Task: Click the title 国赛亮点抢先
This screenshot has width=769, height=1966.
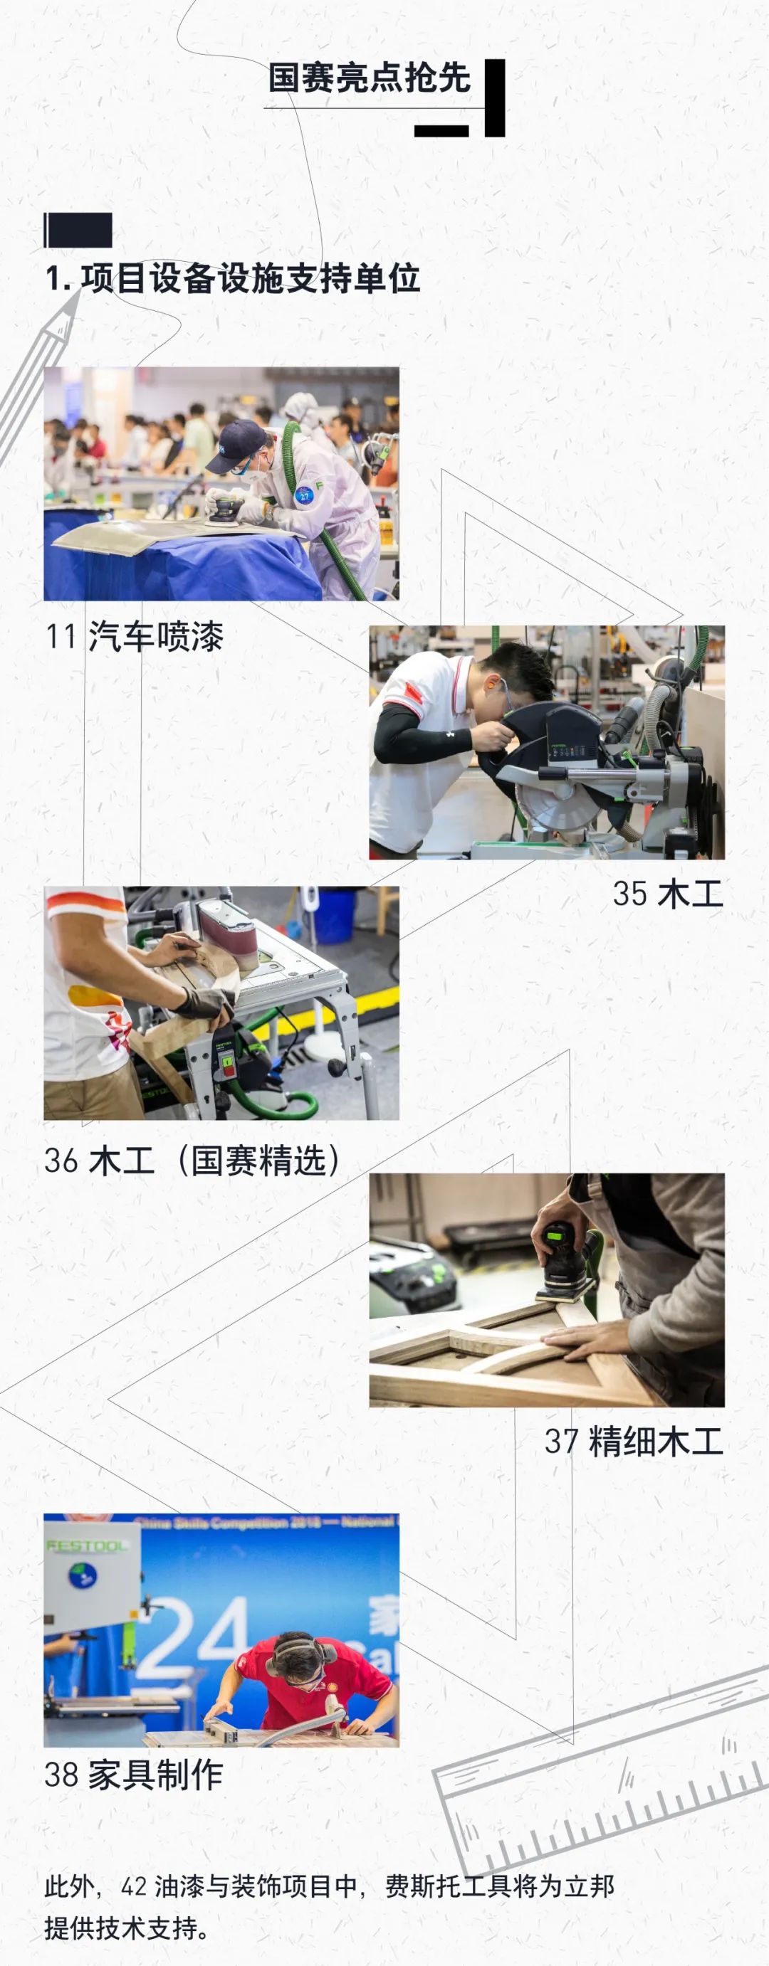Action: pyautogui.click(x=369, y=78)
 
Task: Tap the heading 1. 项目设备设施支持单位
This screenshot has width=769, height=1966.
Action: pyautogui.click(x=232, y=278)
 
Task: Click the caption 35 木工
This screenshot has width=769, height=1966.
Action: pyautogui.click(x=667, y=894)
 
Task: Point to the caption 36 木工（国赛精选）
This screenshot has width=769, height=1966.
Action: pyautogui.click(x=192, y=1160)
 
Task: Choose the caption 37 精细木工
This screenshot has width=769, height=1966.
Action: pyautogui.click(x=634, y=1442)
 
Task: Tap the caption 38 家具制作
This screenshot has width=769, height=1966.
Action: pyautogui.click(x=134, y=1775)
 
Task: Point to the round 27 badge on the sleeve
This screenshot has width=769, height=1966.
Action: pyautogui.click(x=305, y=495)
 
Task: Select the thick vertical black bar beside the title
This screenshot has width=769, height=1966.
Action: pyautogui.click(x=495, y=97)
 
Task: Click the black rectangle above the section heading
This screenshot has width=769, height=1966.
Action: pyautogui.click(x=78, y=231)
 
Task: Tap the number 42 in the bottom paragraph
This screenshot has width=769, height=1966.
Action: pyautogui.click(x=134, y=1886)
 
